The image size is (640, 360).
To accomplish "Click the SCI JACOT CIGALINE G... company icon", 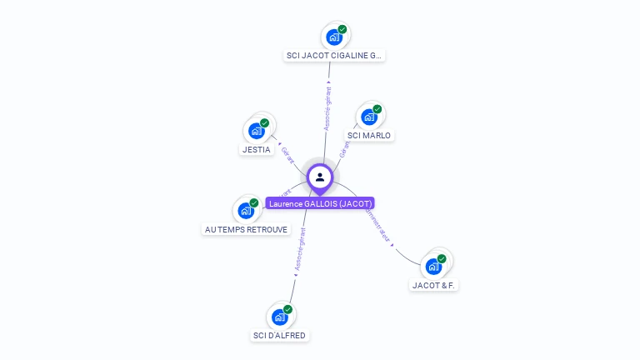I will coord(334,37).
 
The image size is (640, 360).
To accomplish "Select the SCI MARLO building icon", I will coord(369,117).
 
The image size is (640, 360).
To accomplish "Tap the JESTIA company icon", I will coord(257,131).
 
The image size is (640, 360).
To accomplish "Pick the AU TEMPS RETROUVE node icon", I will coord(246,210).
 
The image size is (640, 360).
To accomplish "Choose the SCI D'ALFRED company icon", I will coord(280,317).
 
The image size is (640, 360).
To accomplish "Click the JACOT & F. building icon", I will coord(433,266).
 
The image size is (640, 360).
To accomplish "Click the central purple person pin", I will coord(320,177).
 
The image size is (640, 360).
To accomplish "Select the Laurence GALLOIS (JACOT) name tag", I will coord(320,203).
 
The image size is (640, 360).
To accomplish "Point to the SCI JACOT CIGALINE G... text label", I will coord(334,56).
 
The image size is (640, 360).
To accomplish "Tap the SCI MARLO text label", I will coord(369,135).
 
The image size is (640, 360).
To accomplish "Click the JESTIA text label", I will coord(256,150).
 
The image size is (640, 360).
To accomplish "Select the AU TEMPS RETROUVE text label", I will coord(246,229).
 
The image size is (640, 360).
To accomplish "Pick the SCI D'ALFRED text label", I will coord(279,336).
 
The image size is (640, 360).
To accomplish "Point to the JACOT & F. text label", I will coord(435,285).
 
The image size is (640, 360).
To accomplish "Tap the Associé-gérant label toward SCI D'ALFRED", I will coord(300,251).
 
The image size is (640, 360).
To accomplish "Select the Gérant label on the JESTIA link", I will coord(287,154).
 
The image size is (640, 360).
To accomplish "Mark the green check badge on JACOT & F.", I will coord(442,258).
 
